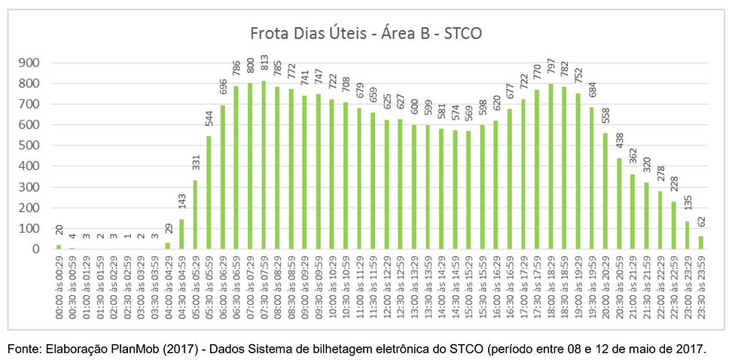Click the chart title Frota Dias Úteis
tap(366, 34)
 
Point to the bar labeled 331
tap(195, 215)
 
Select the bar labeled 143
tap(181, 234)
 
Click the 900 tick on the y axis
tap(35, 63)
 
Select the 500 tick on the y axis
tap(35, 145)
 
